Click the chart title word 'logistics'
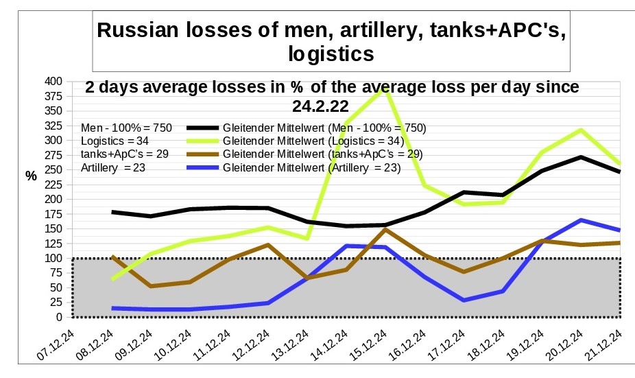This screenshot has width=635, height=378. coord(331,54)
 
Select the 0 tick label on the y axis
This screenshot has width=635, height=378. coord(58,317)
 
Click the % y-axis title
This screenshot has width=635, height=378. coord(31,176)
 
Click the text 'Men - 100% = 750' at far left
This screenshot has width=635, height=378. coord(126,128)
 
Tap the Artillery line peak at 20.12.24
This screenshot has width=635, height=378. coord(582,220)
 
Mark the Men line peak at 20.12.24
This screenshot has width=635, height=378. coord(582,157)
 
